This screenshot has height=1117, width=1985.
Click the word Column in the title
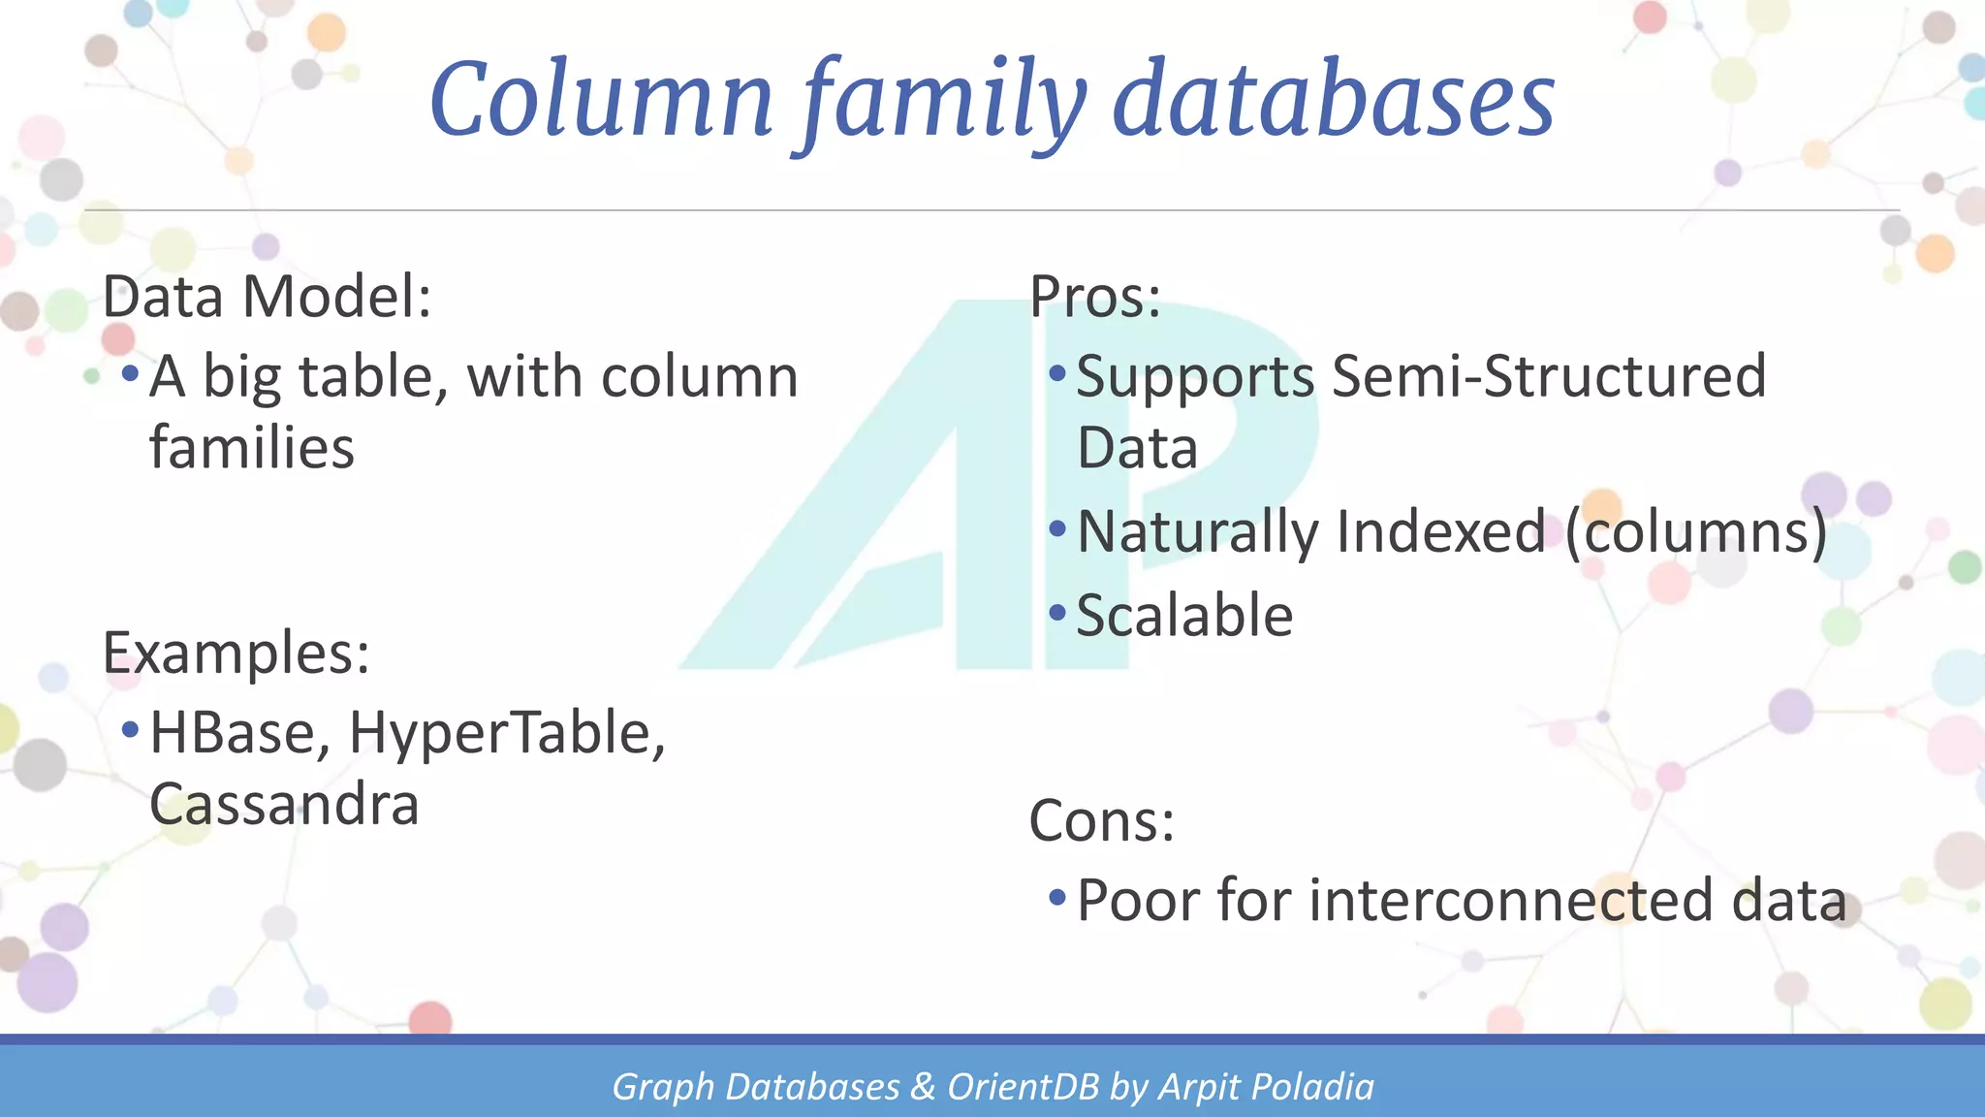click(601, 100)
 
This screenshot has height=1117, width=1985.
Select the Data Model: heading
click(267, 297)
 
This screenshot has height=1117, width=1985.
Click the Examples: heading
click(236, 653)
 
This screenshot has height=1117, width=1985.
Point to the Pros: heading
click(1094, 297)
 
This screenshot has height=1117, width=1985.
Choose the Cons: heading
click(1101, 821)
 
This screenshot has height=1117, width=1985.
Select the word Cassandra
click(284, 804)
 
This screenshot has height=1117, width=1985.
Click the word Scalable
click(1184, 615)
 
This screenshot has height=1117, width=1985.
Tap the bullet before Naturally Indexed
click(1057, 529)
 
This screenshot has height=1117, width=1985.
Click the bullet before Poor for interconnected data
click(1057, 897)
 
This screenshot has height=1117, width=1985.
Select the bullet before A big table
click(130, 373)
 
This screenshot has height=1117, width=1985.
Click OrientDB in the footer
click(1023, 1087)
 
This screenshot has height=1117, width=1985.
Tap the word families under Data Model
click(252, 448)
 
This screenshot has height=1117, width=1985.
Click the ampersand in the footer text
click(923, 1087)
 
